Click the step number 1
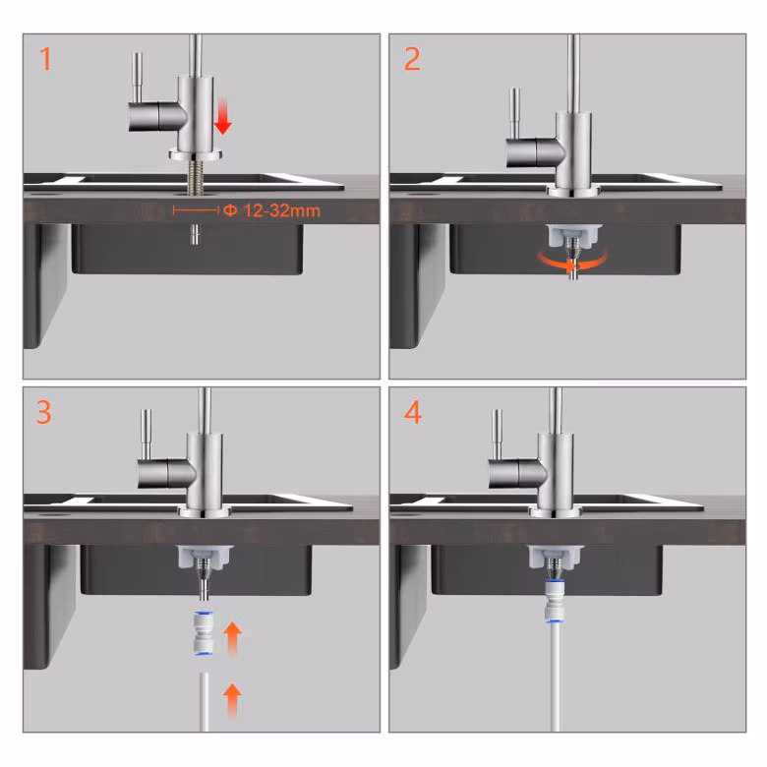click(x=45, y=59)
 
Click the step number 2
click(x=412, y=59)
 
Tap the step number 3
click(x=43, y=412)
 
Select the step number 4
click(x=412, y=412)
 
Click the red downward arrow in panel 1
click(x=223, y=116)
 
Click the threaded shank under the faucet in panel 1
click(x=195, y=179)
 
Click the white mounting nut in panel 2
click(x=572, y=235)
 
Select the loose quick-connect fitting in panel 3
click(x=203, y=633)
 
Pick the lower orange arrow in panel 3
click(x=232, y=701)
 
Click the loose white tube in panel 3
click(x=204, y=702)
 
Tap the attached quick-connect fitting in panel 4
click(x=555, y=601)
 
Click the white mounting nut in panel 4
click(x=556, y=558)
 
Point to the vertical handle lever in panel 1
click(x=139, y=78)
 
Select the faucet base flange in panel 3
click(x=204, y=512)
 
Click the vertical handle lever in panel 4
click(x=497, y=434)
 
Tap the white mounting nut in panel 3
click(x=205, y=558)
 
